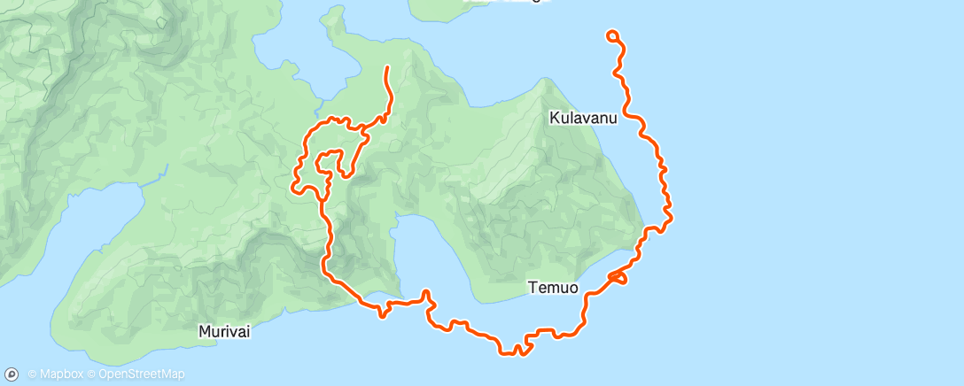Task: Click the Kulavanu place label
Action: pos(582,118)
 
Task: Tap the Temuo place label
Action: pos(553,288)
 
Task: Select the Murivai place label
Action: pos(224,332)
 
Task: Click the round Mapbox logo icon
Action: pos(13,374)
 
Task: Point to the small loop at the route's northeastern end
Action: pos(612,35)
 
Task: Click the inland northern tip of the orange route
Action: pos(387,67)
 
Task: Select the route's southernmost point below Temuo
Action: pos(512,353)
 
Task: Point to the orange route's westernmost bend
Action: pos(293,185)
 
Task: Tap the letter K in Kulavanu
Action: pos(554,118)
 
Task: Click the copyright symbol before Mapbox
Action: pos(32,374)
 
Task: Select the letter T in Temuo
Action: pos(533,288)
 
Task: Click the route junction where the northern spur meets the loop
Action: pos(364,137)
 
